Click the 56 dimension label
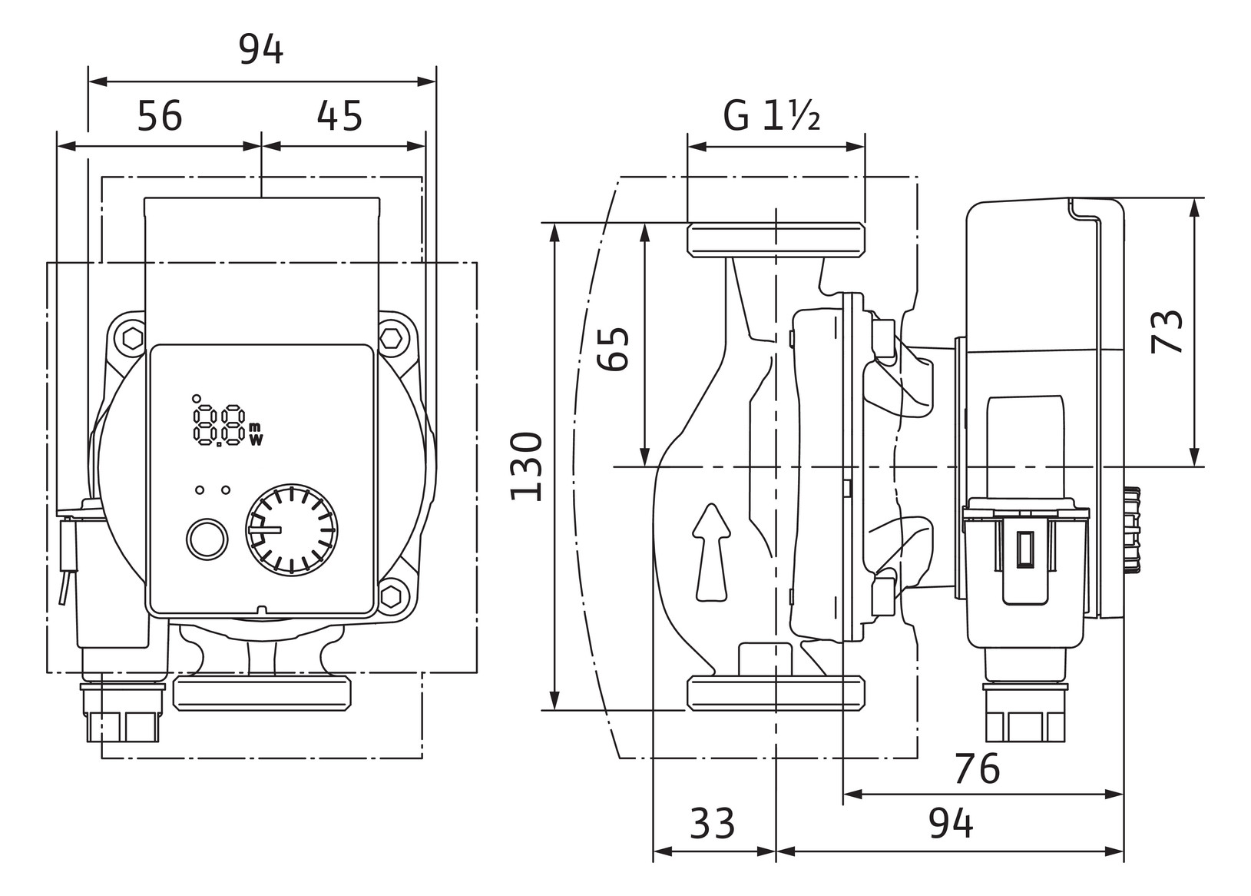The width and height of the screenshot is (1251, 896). [x=160, y=116]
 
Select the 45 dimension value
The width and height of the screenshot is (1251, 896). [x=339, y=116]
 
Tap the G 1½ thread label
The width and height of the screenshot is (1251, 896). [x=771, y=116]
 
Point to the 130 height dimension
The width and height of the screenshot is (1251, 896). [x=526, y=466]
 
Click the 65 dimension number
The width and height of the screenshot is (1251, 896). [x=614, y=350]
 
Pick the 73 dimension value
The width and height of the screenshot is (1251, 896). [x=1167, y=332]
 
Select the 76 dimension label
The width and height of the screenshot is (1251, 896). [x=978, y=769]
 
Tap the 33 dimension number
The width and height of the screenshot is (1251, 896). [x=712, y=823]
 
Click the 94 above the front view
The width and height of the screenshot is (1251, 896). [x=261, y=49]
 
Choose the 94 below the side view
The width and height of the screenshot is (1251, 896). [x=951, y=823]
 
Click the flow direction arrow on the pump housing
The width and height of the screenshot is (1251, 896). [x=711, y=553]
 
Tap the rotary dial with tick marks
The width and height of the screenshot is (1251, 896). [x=291, y=529]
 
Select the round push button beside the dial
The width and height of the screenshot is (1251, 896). [x=207, y=539]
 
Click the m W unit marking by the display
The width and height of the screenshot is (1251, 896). [x=255, y=434]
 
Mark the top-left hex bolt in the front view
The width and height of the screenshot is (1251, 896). [x=133, y=339]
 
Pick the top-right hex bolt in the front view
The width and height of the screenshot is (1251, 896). [x=390, y=338]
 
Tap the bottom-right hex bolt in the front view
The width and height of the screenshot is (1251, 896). [x=391, y=595]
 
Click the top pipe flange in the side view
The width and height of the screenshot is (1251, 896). [x=776, y=240]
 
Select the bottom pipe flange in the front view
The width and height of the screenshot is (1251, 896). [x=262, y=692]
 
